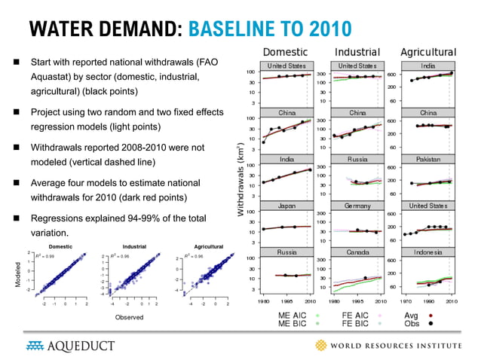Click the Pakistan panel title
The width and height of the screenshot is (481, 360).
[427, 160]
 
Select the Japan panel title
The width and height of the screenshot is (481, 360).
[286, 206]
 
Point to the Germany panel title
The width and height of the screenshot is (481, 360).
[357, 206]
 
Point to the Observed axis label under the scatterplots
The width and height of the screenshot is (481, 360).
[129, 318]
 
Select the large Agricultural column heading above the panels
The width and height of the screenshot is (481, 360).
[427, 52]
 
